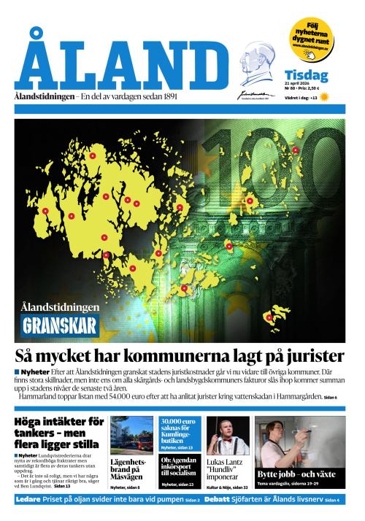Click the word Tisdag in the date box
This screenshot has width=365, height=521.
[x=306, y=74]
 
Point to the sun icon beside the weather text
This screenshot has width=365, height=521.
[x=324, y=96]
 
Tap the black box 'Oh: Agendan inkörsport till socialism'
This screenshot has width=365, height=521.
[x=180, y=468]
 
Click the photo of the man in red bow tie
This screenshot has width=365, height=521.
[x=227, y=436]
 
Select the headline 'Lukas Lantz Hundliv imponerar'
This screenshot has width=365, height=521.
[x=227, y=468]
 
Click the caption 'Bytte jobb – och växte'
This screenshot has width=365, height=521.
[x=295, y=474]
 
